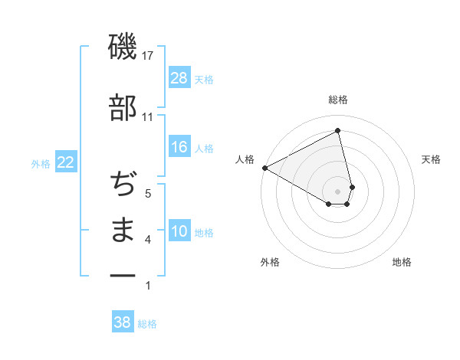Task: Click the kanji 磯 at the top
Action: [x=123, y=47]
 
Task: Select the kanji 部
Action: [x=123, y=108]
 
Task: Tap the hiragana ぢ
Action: [x=123, y=185]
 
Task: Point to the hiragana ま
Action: [x=123, y=231]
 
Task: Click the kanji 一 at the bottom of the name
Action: [x=123, y=275]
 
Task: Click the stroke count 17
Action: [x=148, y=56]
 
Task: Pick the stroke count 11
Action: [x=148, y=117]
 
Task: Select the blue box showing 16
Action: [x=179, y=148]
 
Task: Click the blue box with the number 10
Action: [x=179, y=232]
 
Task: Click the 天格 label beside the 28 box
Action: [x=204, y=80]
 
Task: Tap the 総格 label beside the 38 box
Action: [x=147, y=324]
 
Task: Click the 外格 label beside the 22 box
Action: [x=41, y=163]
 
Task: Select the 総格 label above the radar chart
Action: [x=338, y=100]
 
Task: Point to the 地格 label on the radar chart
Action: [x=402, y=262]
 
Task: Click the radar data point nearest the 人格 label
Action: [x=264, y=168]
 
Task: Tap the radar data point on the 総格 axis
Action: [x=338, y=131]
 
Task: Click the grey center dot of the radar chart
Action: [x=338, y=190]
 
